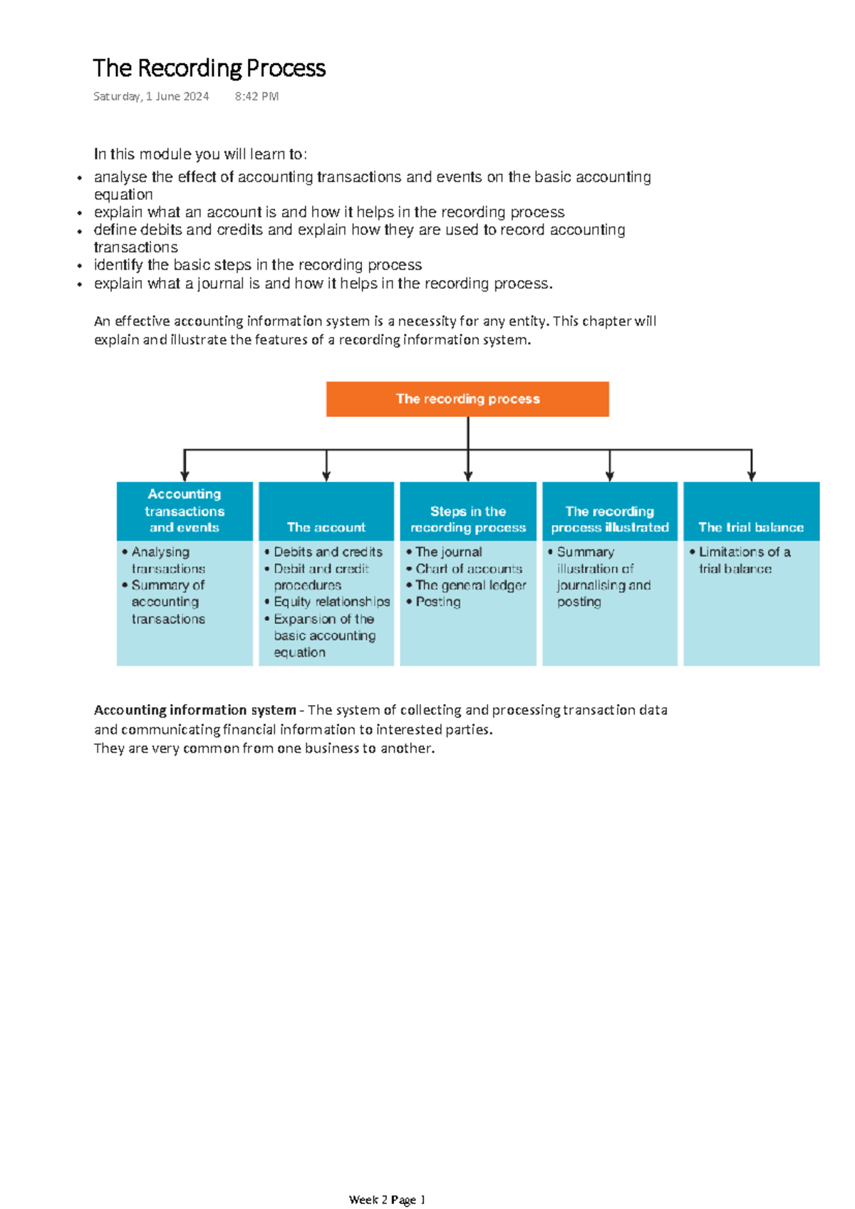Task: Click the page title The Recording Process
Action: [x=209, y=68]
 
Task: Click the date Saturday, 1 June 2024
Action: [x=151, y=96]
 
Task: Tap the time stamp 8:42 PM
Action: [x=256, y=96]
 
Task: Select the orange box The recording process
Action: [x=467, y=399]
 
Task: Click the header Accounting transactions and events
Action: [x=185, y=511]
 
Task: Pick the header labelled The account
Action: [x=326, y=528]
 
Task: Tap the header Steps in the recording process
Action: [x=468, y=520]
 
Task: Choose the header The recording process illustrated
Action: [x=610, y=520]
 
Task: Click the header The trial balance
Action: [x=751, y=528]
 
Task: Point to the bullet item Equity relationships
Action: [x=331, y=602]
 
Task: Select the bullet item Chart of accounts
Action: [x=468, y=569]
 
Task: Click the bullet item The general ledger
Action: [x=470, y=585]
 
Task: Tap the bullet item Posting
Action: [x=437, y=602]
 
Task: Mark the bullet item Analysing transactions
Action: [x=167, y=560]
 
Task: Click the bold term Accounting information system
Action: [x=195, y=710]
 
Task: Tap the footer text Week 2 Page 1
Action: [x=387, y=1200]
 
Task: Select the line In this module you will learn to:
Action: [x=200, y=155]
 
